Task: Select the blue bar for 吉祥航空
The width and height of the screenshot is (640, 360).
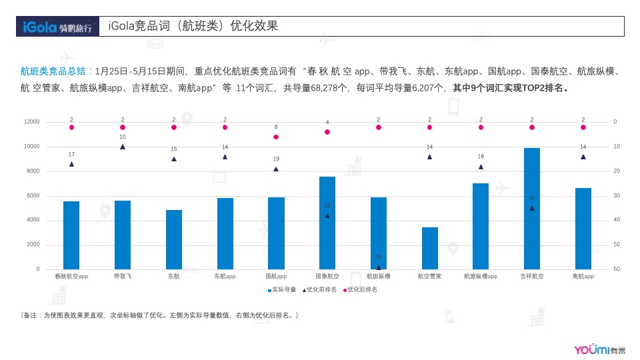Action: (531, 209)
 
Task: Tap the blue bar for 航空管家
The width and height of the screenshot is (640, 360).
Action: (430, 248)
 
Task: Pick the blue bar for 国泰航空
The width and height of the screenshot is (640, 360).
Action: (327, 223)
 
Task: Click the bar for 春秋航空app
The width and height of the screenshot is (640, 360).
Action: (71, 235)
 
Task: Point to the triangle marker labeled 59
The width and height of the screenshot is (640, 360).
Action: (379, 267)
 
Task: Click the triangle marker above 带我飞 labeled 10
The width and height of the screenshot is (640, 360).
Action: (123, 147)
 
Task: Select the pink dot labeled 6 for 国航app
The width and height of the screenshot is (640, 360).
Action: (276, 137)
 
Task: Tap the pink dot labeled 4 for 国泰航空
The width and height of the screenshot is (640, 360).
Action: (327, 132)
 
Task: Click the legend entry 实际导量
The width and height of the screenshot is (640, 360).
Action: (282, 290)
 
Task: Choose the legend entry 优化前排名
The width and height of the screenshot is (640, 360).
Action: (320, 290)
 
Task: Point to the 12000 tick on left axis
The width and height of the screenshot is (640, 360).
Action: (31, 122)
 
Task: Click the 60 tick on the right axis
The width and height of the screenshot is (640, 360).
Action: (616, 269)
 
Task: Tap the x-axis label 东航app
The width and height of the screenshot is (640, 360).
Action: (225, 276)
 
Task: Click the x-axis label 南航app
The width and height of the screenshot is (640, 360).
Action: (583, 276)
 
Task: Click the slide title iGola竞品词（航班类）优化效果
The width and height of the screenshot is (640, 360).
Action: (193, 27)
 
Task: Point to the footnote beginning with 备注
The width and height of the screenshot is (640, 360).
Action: (160, 315)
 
